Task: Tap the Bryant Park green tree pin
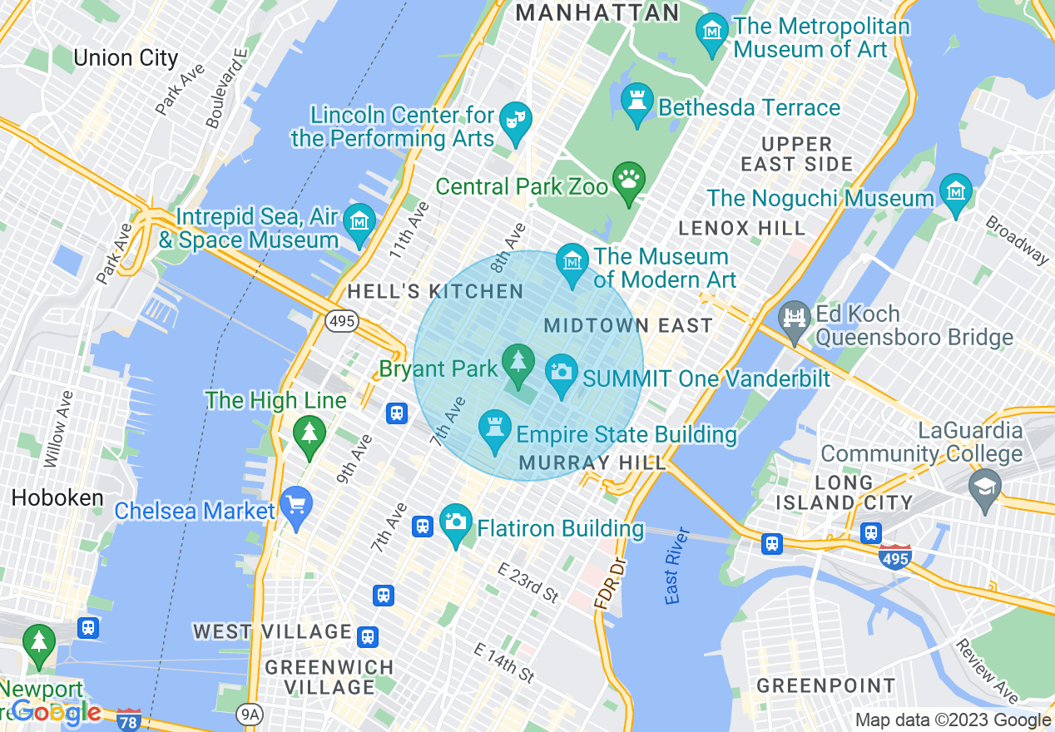tap(518, 363)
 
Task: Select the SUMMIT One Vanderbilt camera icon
tap(562, 373)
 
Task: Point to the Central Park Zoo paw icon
tap(629, 181)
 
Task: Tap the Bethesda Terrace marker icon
tap(637, 103)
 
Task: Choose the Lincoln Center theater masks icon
tap(517, 121)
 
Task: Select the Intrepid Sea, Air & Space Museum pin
tap(359, 223)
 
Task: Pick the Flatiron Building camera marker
tap(455, 523)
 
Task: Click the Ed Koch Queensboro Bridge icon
tap(795, 320)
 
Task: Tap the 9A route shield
tap(249, 714)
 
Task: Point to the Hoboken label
tap(57, 498)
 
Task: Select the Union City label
tap(126, 58)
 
